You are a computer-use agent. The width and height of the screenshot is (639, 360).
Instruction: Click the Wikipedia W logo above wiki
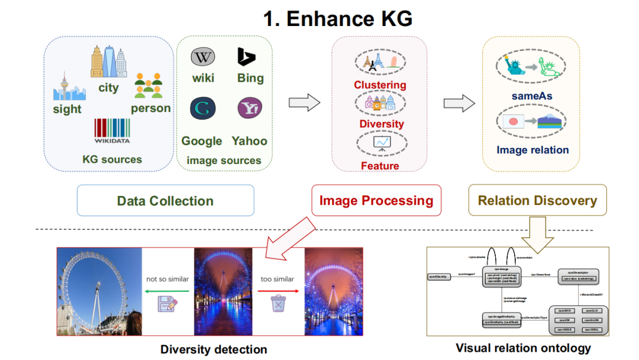[x=202, y=57]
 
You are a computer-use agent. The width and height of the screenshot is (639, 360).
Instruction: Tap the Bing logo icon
[x=246, y=57]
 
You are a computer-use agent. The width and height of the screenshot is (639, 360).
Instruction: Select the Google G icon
[x=202, y=108]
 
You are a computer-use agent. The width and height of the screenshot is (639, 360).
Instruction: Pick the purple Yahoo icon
[x=249, y=108]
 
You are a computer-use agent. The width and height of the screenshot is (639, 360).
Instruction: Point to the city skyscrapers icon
[x=108, y=63]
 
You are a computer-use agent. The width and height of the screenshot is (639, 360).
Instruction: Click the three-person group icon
[x=148, y=85]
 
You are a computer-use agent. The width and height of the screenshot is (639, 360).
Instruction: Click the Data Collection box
[x=165, y=200]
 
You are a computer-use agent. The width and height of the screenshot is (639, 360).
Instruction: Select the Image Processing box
[x=376, y=200]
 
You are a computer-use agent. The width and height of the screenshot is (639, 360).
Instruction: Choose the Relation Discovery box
[x=538, y=200]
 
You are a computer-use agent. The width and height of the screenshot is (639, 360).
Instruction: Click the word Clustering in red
[x=380, y=85]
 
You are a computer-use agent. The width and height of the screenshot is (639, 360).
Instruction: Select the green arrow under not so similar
[x=167, y=290]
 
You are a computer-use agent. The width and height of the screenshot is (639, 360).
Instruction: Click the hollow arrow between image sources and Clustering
[x=304, y=103]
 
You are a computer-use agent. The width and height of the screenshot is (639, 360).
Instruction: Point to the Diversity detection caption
[x=214, y=349]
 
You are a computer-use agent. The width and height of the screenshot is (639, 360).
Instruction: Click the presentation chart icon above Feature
[x=380, y=143]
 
